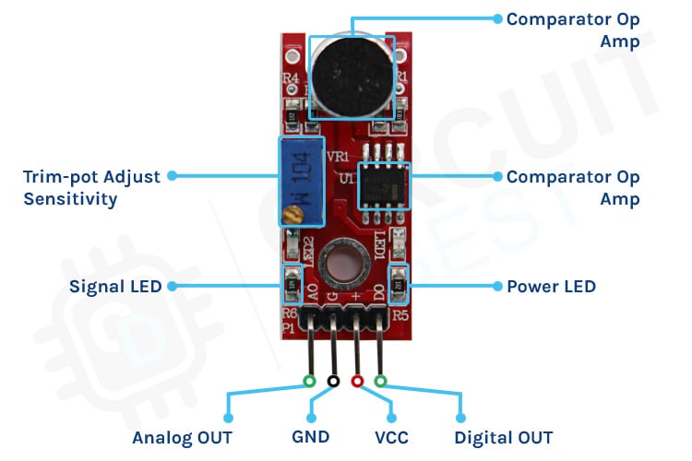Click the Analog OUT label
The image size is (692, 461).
[x=182, y=437]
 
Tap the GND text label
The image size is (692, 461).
[x=309, y=437]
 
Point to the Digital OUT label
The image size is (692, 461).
[x=504, y=437]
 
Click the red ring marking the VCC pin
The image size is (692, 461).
[x=357, y=381]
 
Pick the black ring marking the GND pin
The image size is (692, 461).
[x=333, y=381]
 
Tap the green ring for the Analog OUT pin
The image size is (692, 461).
[x=310, y=381]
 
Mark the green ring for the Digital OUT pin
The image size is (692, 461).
[x=380, y=381]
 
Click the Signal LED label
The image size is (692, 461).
[x=115, y=286]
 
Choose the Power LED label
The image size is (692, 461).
[x=551, y=286]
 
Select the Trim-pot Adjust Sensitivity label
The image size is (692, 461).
[x=91, y=186]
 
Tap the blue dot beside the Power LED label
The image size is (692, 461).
[x=496, y=286]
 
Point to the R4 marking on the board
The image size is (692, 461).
[x=291, y=79]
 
